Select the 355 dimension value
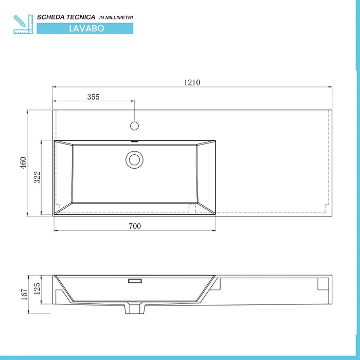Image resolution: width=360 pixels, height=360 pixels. click(x=93, y=97)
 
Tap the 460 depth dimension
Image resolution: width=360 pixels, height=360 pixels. click(x=23, y=163)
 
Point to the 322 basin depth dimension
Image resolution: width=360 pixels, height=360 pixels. click(x=37, y=177)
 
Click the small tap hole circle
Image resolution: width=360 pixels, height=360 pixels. click(x=134, y=125)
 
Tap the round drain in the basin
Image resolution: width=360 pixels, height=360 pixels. click(x=135, y=159)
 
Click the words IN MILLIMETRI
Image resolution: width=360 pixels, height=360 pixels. click(x=116, y=18)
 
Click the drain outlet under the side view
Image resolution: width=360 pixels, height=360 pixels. click(x=134, y=308)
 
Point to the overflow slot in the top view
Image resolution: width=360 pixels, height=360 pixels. click(x=134, y=141)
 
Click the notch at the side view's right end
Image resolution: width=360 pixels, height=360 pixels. click(x=323, y=283)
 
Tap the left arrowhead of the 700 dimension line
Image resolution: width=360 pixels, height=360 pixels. click(x=55, y=231)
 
